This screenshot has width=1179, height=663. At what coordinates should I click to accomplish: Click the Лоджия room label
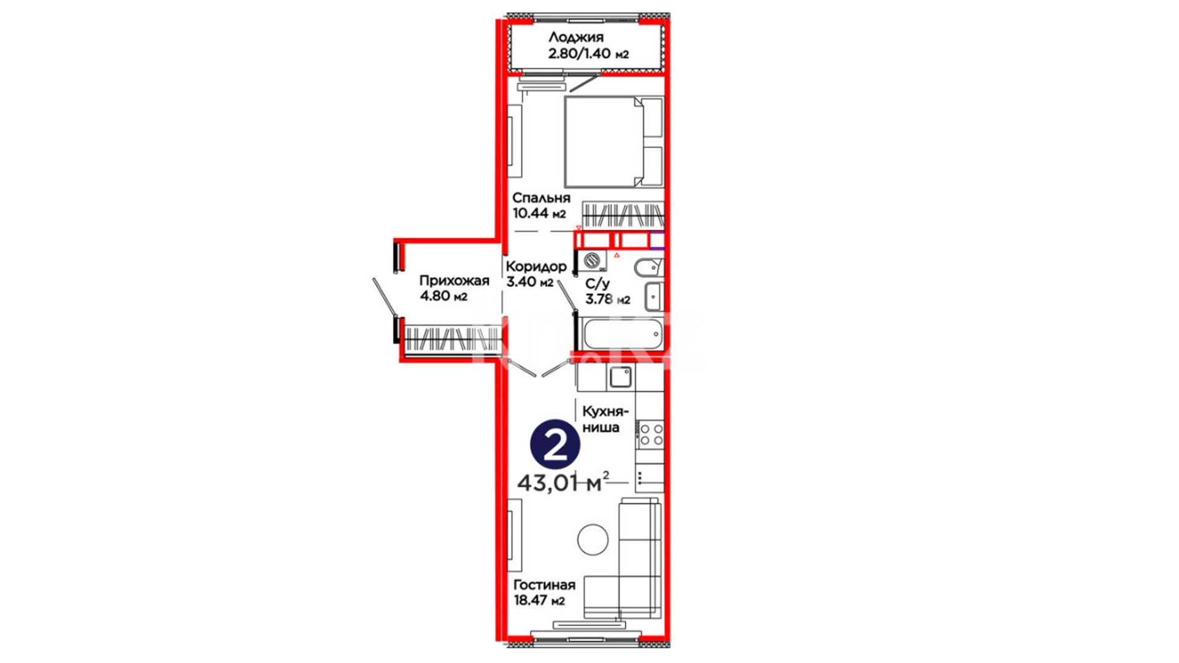pyautogui.click(x=575, y=37)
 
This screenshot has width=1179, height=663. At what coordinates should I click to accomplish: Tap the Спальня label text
pyautogui.click(x=541, y=198)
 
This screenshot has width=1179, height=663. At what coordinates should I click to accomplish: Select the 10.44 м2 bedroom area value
pyautogui.click(x=539, y=214)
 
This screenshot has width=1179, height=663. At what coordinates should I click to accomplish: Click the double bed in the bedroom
pyautogui.click(x=614, y=141)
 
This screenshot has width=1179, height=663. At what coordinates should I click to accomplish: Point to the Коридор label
pyautogui.click(x=535, y=266)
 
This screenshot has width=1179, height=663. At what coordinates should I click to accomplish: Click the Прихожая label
pyautogui.click(x=454, y=281)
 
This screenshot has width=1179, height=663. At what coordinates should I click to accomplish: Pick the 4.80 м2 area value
pyautogui.click(x=443, y=297)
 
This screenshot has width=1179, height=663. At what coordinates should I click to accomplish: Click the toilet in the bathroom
pyautogui.click(x=648, y=268)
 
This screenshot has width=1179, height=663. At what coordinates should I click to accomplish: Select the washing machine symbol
pyautogui.click(x=593, y=261)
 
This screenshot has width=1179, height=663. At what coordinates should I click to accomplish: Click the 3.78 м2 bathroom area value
pyautogui.click(x=607, y=300)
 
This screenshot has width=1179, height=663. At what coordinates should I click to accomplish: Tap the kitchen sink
pyautogui.click(x=620, y=377)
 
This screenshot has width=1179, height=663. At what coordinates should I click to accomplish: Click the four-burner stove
pyautogui.click(x=650, y=434)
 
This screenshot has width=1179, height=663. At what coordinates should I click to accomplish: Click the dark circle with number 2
pyautogui.click(x=555, y=444)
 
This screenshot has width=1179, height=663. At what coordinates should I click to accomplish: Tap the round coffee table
pyautogui.click(x=593, y=540)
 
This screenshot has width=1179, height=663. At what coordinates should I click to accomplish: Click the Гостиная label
pyautogui.click(x=544, y=585)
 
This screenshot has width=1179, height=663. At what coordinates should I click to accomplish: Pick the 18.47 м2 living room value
pyautogui.click(x=539, y=600)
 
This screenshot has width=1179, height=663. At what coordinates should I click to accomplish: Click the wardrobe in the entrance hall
pyautogui.click(x=451, y=338)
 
